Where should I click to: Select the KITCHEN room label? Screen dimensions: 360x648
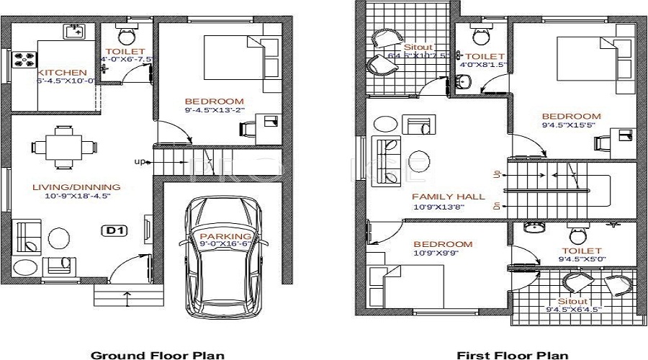[x=63, y=73]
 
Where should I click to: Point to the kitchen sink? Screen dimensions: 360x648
[x=73, y=31]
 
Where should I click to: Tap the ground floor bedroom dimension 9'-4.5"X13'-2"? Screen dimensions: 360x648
[x=215, y=111]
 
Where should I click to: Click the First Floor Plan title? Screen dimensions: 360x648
[x=513, y=354]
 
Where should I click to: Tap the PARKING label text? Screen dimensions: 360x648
[x=225, y=236]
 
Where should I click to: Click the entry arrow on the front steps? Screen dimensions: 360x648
[x=127, y=295]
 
